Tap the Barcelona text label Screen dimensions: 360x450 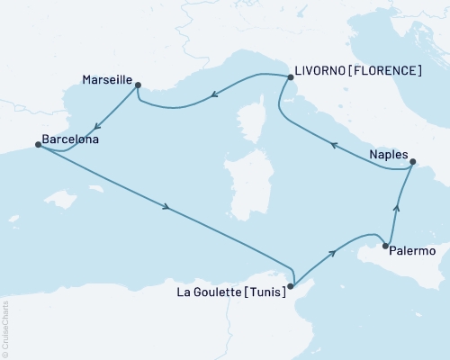click(x=69, y=141)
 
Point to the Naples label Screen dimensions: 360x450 click(x=388, y=155)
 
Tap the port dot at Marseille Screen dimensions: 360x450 click(x=138, y=85)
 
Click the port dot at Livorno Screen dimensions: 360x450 click(x=290, y=78)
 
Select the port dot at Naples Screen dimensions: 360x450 click(x=413, y=163)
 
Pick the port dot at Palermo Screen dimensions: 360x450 click(x=385, y=246)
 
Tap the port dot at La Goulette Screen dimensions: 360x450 click(x=290, y=286)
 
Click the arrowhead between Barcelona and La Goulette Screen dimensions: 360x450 click(x=166, y=209)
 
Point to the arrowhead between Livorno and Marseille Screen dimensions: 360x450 click(x=217, y=94)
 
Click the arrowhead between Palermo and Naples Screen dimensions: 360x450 click(x=395, y=209)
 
